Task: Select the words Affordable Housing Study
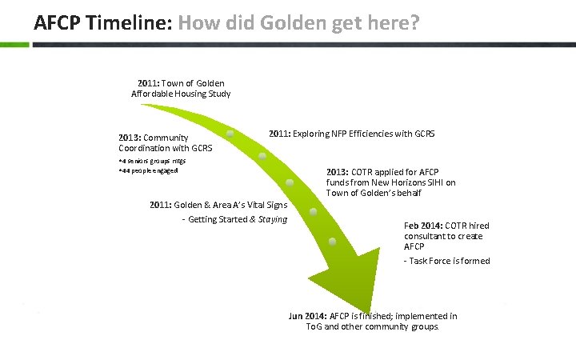pos(181,94)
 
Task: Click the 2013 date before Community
pos(130,138)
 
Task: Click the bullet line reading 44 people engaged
pos(148,170)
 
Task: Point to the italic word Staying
pos(273,219)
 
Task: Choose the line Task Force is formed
pos(447,261)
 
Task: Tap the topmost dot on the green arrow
pos(230,134)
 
